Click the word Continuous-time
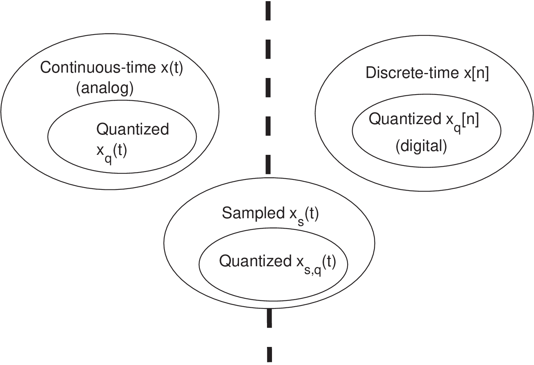pyautogui.click(x=98, y=68)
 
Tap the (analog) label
pyautogui.click(x=105, y=88)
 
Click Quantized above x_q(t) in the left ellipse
pyautogui.click(x=132, y=129)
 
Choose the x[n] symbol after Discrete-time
pyautogui.click(x=476, y=73)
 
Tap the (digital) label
pyautogui.click(x=421, y=146)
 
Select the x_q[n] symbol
pyautogui.click(x=462, y=121)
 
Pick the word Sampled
pyautogui.click(x=253, y=213)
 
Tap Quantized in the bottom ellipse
pyautogui.click(x=255, y=261)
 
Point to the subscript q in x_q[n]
pyautogui.click(x=457, y=127)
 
